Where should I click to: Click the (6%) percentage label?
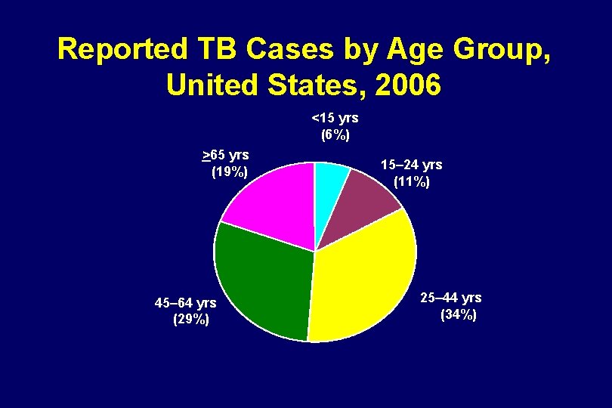coord(335,135)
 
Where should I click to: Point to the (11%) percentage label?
coord(412,181)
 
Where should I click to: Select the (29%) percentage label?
coord(191,320)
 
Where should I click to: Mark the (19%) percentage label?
coord(229,172)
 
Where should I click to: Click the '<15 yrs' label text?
coord(335,118)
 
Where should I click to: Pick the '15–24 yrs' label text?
coord(412,164)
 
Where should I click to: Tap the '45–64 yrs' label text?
coord(185,303)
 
